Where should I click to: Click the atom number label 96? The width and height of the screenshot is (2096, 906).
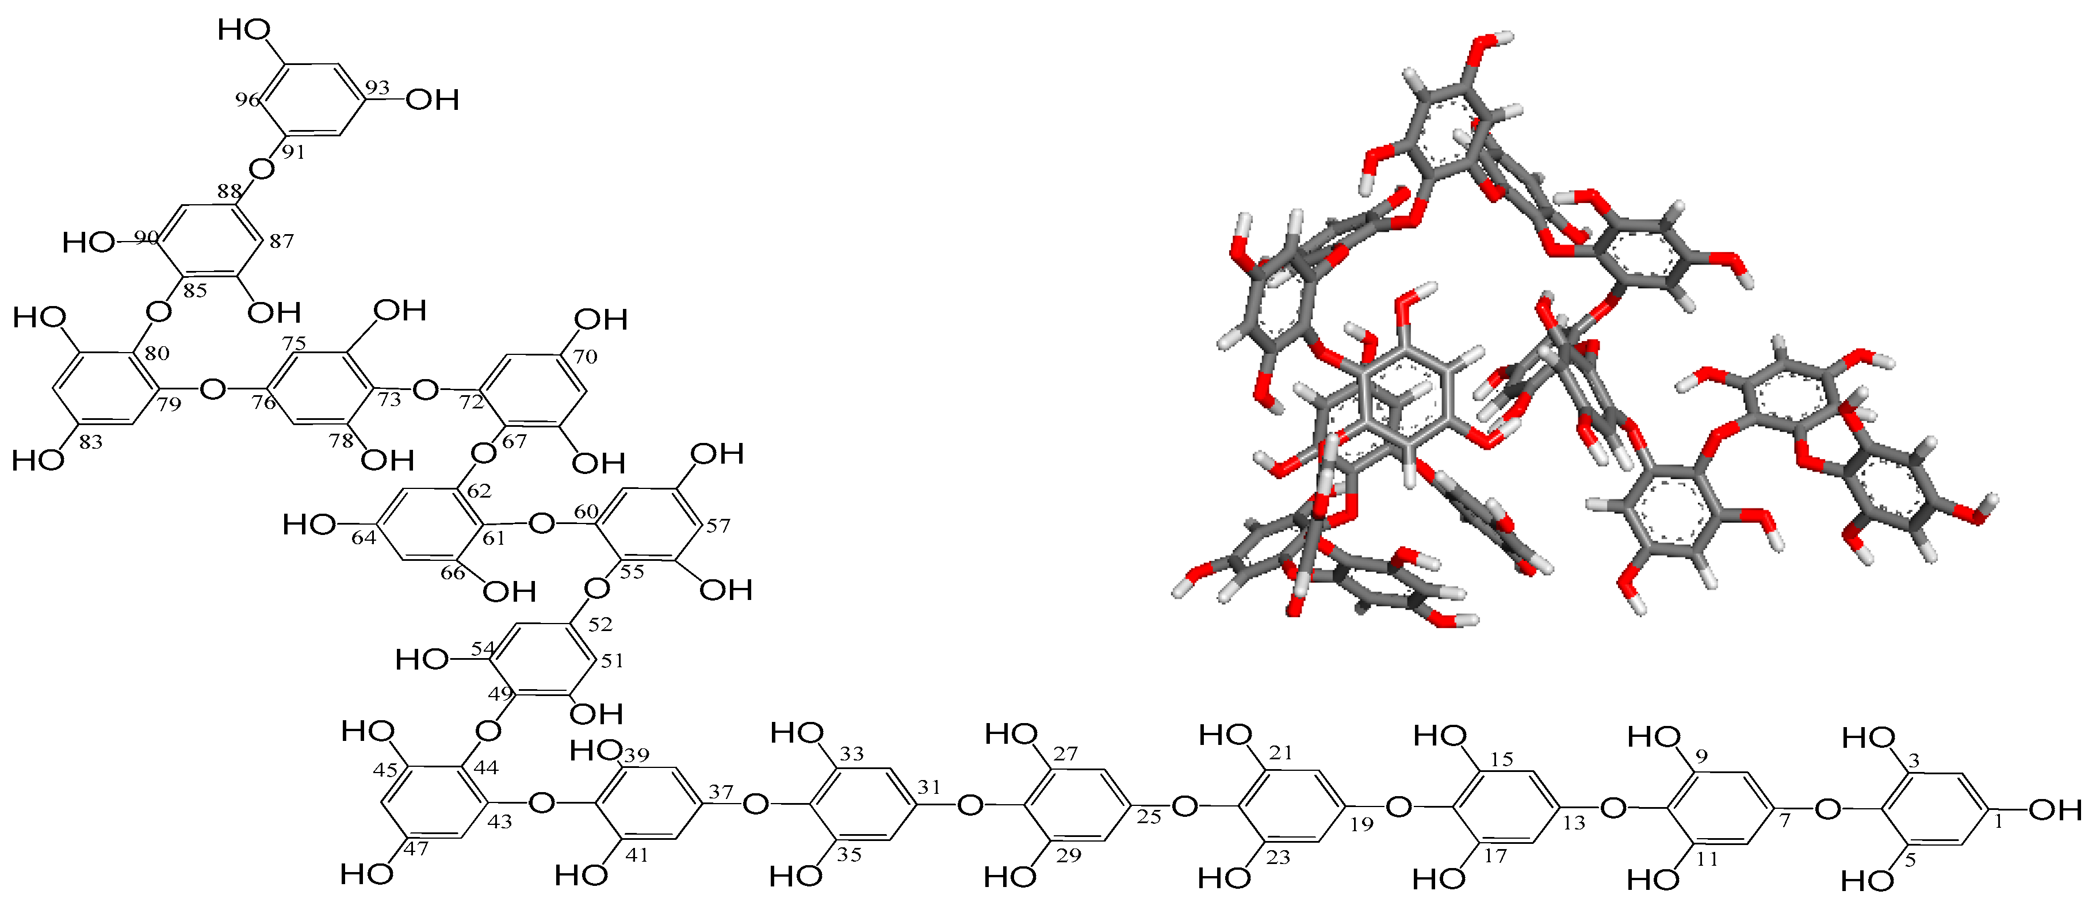coord(247,100)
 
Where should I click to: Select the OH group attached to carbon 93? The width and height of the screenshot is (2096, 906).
coord(433,100)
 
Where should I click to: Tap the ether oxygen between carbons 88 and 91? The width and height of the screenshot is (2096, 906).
coord(261,169)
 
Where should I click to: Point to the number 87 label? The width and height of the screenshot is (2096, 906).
coord(281,241)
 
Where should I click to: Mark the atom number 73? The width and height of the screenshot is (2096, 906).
coord(389,399)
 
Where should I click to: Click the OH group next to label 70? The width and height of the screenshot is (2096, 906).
coord(601,320)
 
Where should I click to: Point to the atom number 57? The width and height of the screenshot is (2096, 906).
coord(718,526)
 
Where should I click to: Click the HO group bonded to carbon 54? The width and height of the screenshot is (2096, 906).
coord(422,659)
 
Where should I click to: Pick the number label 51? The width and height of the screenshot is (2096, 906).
coord(612,661)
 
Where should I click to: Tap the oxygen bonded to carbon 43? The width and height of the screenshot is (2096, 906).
coord(541,804)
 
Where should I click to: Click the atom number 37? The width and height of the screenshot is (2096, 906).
coord(720,791)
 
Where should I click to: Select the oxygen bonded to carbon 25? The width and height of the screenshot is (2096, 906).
coord(1184,806)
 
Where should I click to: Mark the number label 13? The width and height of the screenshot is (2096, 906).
coord(1574,823)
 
